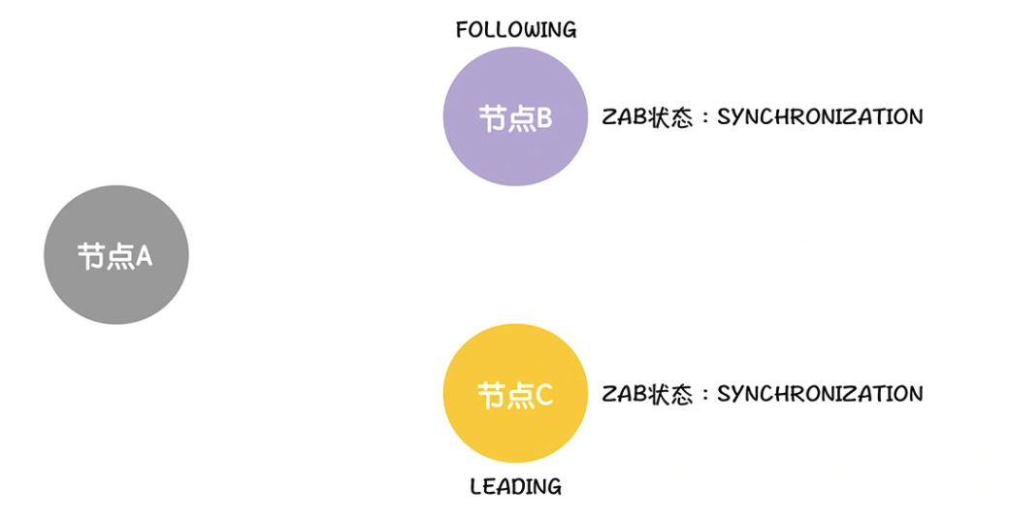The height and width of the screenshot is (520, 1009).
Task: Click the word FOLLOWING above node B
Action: coord(515,30)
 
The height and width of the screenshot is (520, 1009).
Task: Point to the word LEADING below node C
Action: coord(515,486)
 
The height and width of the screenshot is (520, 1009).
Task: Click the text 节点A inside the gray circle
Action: coord(115,256)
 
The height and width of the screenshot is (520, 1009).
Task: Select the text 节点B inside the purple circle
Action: coord(515,118)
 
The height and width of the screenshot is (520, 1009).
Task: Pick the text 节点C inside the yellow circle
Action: coord(515,395)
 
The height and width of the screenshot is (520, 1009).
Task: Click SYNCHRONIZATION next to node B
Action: coord(820,117)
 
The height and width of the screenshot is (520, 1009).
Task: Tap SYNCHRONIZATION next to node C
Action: coord(820,394)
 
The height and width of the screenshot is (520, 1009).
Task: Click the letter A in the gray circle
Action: coord(144,256)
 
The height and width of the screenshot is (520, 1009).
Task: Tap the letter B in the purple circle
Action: coord(543,118)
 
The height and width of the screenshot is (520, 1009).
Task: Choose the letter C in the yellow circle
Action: coord(543,395)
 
